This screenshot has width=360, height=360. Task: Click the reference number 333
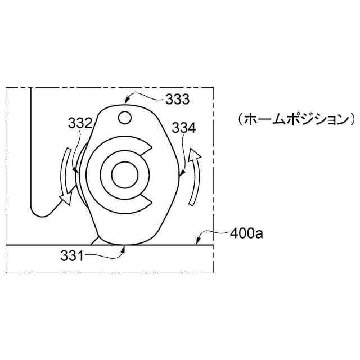pos(178,100)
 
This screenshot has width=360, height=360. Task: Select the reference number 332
pos(80,123)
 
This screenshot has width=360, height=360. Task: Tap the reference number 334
pos(184,128)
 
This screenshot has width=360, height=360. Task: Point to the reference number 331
pos(72,256)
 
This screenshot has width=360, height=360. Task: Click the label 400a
pos(246,234)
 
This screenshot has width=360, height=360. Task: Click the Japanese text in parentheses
pos(297,120)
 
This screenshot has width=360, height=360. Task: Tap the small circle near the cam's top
pos(125,118)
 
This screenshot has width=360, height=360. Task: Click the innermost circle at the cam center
pos(125,175)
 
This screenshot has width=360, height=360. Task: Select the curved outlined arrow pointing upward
pos(194,176)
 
